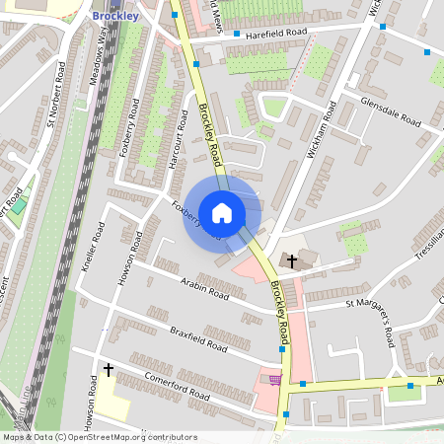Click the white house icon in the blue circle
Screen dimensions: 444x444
tap(222, 212)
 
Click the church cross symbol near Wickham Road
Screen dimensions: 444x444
tap(291, 260)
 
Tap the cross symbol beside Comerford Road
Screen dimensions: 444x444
tap(108, 369)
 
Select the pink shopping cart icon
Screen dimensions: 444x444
tap(274, 378)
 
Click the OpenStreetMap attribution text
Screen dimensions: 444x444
tap(100, 436)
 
